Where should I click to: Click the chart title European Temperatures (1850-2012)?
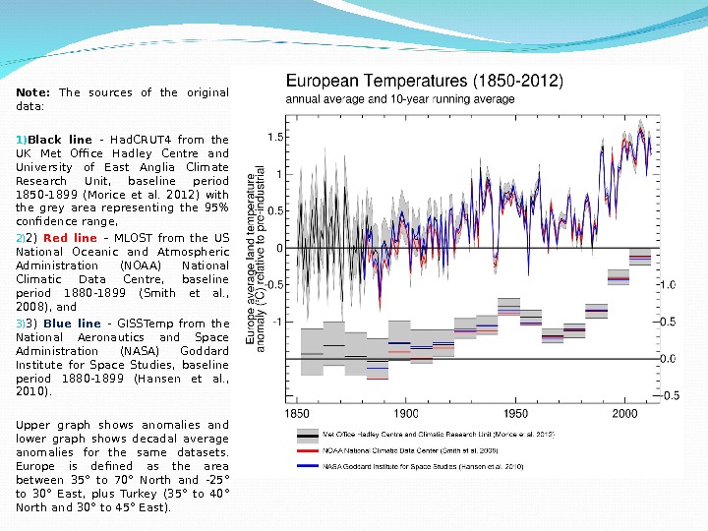click(424, 83)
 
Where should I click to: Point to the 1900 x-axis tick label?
click(407, 415)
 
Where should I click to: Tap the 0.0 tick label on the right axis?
click(668, 359)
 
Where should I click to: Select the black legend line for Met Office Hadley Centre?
click(308, 434)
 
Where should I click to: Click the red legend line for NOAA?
click(308, 448)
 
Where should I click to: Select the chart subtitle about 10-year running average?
click(399, 99)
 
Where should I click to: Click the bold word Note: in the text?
click(33, 93)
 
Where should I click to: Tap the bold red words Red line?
click(70, 238)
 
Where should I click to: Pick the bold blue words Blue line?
click(72, 324)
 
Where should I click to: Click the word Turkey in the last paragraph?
click(145, 495)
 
